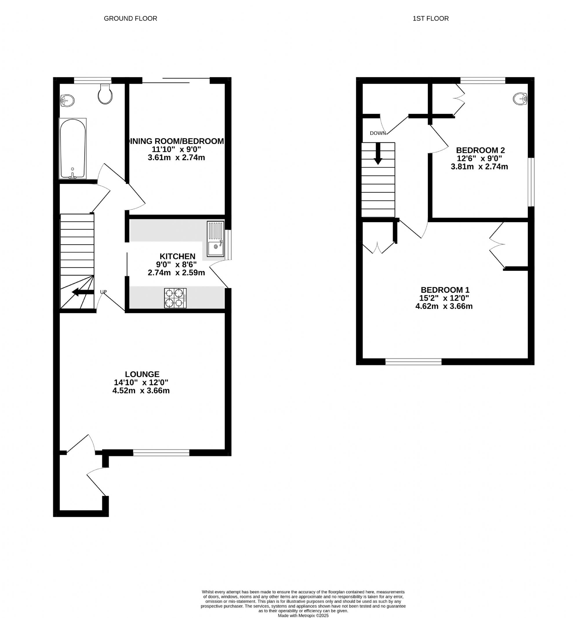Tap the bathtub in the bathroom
72,149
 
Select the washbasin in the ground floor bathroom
67,101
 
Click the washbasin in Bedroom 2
520,99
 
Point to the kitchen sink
216,239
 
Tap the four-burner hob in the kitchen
175,298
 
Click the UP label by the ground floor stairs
103,292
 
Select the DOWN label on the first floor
378,133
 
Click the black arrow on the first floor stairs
378,154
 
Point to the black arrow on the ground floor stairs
83,292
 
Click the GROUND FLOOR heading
130,19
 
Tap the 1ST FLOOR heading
430,19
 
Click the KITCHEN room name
177,256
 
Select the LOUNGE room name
142,374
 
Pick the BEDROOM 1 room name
445,290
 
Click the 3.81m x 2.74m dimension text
479,167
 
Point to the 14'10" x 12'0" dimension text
141,382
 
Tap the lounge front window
161,453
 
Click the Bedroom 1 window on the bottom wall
413,362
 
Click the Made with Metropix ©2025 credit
303,615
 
